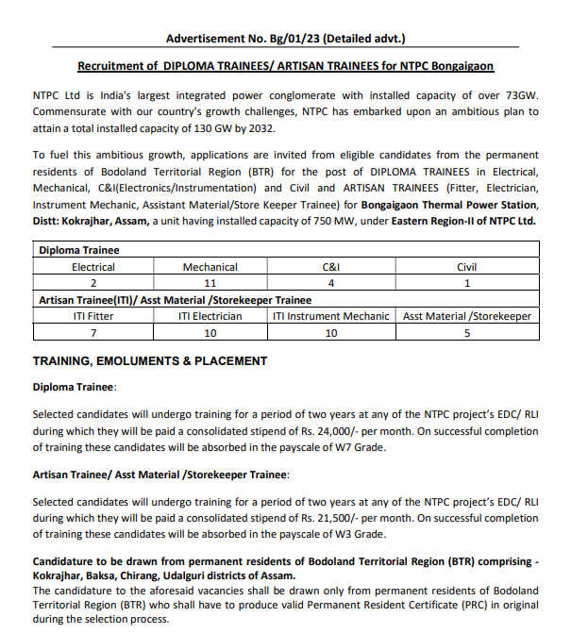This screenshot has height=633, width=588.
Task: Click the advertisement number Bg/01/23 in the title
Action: click(294, 39)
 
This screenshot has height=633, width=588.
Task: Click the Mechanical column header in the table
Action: click(210, 267)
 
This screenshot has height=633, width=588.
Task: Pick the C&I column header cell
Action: click(330, 267)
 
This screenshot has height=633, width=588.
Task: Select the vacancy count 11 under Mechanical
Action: click(210, 283)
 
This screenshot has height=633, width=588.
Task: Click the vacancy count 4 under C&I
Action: click(330, 283)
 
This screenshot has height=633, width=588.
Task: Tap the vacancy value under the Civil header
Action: click(467, 283)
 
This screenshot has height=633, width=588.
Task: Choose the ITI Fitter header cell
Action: click(93, 316)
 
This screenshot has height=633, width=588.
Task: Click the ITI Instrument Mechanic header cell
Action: click(330, 316)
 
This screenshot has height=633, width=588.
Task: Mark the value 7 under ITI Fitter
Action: click(93, 332)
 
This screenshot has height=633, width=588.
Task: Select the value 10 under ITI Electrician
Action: click(210, 332)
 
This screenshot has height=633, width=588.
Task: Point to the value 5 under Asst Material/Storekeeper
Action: click(467, 332)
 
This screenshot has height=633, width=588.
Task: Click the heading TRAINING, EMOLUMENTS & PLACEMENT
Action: click(150, 361)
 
